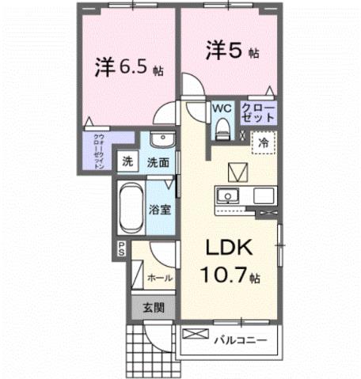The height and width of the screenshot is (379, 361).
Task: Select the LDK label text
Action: [229, 248]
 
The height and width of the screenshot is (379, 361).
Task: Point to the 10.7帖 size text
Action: [229, 277]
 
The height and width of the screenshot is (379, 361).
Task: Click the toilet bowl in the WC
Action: [222, 127]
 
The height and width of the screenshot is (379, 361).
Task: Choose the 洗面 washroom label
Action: [158, 163]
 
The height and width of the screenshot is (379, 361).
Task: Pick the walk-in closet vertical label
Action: [98, 153]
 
